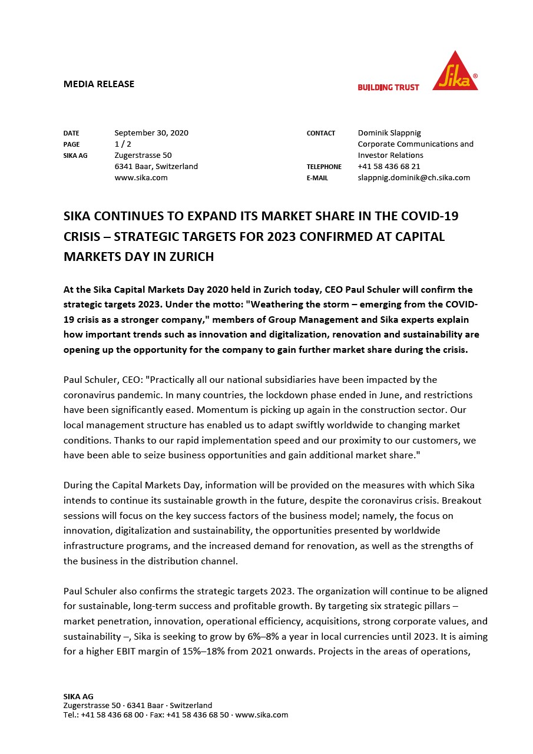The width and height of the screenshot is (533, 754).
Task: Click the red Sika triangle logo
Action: point(455,74)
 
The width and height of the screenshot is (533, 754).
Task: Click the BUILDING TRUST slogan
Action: point(388,87)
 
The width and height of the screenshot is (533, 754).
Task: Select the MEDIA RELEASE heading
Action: point(99,84)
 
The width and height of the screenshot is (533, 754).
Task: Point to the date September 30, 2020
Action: point(151,133)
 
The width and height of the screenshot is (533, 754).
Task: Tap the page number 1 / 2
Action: point(123,144)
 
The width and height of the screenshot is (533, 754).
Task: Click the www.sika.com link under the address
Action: point(141,177)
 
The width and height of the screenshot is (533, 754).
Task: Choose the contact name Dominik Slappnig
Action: point(389,133)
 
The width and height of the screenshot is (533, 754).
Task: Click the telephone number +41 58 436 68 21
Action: point(389,166)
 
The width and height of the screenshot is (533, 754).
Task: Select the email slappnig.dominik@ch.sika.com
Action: point(414,177)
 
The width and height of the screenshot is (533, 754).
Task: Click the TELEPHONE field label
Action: point(324,167)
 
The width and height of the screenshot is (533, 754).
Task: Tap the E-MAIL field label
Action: point(317,178)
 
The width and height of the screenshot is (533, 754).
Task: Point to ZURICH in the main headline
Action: point(190,256)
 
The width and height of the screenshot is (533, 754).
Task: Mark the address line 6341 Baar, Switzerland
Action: point(156,166)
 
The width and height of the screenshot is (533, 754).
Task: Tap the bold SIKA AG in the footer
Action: point(78,696)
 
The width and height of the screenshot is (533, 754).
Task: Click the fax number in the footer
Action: point(197,715)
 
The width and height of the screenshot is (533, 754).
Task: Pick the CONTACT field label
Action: point(321,133)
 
